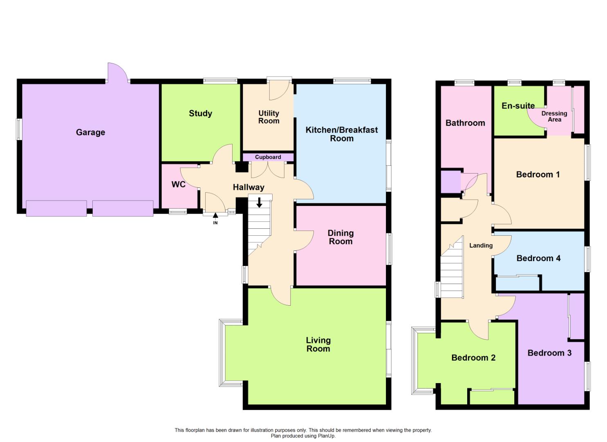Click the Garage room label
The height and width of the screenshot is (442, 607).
90,132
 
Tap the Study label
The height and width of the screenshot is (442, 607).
200,113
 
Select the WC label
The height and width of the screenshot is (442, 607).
178,185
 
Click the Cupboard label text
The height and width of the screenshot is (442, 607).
268,157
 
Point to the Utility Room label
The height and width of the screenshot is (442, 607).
269,117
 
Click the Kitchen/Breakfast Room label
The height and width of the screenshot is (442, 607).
342,134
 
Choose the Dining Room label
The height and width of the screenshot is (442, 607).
340,237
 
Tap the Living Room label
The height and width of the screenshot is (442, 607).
318,344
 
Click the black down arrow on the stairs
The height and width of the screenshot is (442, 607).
259,203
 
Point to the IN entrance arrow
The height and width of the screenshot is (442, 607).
215,216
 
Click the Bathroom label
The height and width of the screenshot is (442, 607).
465,123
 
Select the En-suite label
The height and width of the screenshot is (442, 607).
518,106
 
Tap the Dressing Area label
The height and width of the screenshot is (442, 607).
554,116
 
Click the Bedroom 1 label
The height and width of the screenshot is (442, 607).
538,174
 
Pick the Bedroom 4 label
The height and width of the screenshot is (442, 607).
538,258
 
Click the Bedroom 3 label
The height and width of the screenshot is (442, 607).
549,353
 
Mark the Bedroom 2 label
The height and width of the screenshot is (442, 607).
473,358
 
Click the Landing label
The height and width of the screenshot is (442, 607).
481,246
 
